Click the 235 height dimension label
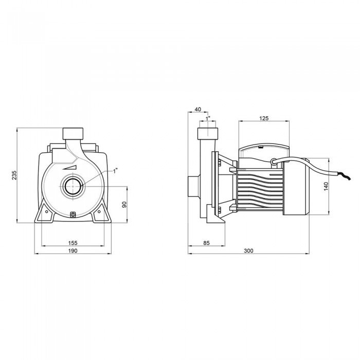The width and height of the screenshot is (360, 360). click(x=14, y=175)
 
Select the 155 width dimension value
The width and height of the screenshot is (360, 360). click(x=73, y=243)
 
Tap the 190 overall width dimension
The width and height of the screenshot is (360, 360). click(x=73, y=251)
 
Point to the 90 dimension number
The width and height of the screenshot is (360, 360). click(x=124, y=205)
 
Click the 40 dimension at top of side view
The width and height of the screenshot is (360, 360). click(x=197, y=109)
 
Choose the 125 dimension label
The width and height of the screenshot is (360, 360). click(x=264, y=118)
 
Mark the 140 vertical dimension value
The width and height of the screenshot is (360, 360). click(x=326, y=186)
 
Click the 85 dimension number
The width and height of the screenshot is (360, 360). click(x=206, y=243)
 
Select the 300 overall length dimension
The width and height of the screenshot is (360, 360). click(x=248, y=251)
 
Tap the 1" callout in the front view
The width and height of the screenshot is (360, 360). click(x=115, y=171)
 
